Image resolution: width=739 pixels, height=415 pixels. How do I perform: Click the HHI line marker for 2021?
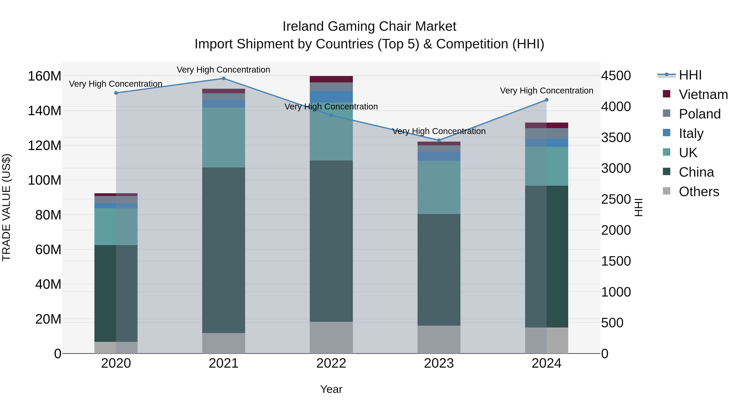pyautogui.click(x=224, y=78)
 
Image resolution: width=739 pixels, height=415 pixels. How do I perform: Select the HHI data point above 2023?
pyautogui.click(x=439, y=140)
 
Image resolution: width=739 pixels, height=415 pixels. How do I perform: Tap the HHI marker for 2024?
pyautogui.click(x=546, y=100)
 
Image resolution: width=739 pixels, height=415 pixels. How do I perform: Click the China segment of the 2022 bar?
pyautogui.click(x=331, y=241)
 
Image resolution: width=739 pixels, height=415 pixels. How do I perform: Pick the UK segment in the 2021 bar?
pyautogui.click(x=224, y=138)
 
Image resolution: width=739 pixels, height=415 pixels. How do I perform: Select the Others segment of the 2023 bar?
pyautogui.click(x=439, y=339)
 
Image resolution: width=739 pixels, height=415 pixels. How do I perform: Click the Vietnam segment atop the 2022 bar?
pyautogui.click(x=331, y=79)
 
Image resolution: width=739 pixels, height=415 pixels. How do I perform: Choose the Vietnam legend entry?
pyautogui.click(x=703, y=94)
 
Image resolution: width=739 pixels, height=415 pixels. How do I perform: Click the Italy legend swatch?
pyautogui.click(x=666, y=133)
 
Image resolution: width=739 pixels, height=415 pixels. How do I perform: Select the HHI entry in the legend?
pyautogui.click(x=690, y=75)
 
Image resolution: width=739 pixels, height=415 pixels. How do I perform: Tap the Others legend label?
pyautogui.click(x=699, y=192)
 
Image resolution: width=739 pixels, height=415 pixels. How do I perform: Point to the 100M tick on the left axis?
pyautogui.click(x=45, y=180)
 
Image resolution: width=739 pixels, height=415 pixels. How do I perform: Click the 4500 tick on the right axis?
pyautogui.click(x=616, y=76)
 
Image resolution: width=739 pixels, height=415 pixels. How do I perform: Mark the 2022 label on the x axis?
pyautogui.click(x=331, y=363)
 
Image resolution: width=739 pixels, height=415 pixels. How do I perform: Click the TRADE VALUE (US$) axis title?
pyautogui.click(x=6, y=207)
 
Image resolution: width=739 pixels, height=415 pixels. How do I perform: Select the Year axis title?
pyautogui.click(x=331, y=389)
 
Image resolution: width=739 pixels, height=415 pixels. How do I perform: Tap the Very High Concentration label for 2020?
pyautogui.click(x=116, y=84)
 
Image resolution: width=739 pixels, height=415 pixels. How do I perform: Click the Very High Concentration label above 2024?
pyautogui.click(x=546, y=91)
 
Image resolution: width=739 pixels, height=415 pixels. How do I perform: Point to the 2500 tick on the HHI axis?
pyautogui.click(x=616, y=199)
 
